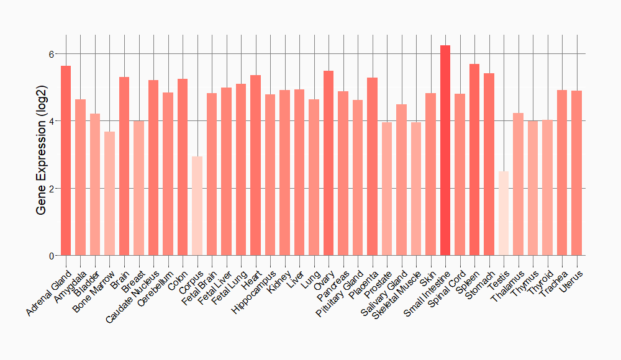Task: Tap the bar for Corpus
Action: (197, 205)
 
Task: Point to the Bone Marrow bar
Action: (109, 193)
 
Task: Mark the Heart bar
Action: (255, 165)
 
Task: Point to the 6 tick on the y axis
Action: (52, 54)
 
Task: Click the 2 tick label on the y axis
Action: (52, 188)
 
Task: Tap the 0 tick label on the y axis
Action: (52, 256)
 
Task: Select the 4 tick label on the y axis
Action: (52, 121)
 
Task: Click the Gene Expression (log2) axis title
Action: (41, 155)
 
